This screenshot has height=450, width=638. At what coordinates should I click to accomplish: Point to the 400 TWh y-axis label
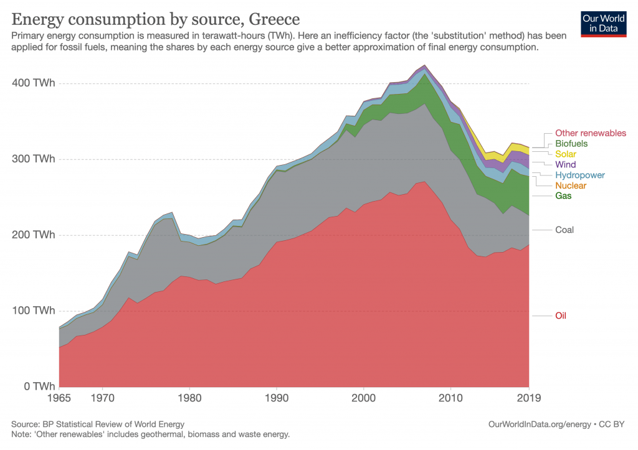tap(31, 83)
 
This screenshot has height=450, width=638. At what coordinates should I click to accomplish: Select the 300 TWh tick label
tap(31, 159)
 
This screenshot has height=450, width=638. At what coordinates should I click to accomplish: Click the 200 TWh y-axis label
tap(31, 235)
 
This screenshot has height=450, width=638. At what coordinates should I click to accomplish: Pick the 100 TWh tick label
tap(31, 311)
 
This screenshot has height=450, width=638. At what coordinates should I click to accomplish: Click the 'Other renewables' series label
tap(590, 133)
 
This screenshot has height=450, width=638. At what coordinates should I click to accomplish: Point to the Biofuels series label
tap(571, 144)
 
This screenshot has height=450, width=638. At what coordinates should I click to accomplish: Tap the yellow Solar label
tap(566, 154)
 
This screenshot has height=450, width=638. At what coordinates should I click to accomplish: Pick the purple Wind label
tap(565, 165)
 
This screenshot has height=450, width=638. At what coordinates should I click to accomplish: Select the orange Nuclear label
tap(570, 185)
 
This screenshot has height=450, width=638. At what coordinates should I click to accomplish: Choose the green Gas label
tap(563, 196)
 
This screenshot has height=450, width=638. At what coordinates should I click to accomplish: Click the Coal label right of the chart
tap(564, 230)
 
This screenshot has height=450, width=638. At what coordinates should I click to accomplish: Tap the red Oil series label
tap(561, 316)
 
